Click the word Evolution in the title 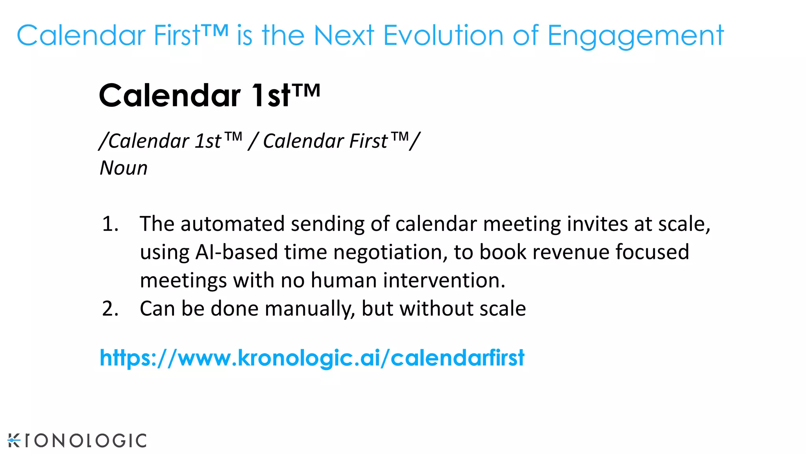coord(443,35)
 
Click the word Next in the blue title coord(344,35)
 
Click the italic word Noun coord(124,168)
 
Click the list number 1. coord(110,224)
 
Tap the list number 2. coord(110,309)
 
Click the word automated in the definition coord(233,224)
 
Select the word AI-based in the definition coord(237,252)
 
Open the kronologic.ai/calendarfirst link coord(312,358)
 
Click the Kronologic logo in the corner coord(77,440)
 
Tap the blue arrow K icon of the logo coord(14,440)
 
